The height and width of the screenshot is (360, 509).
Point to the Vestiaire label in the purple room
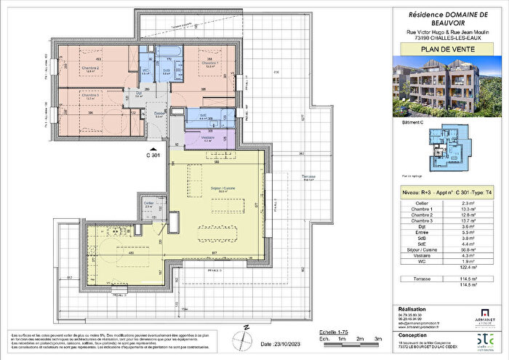205,138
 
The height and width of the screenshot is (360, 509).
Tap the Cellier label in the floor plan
148,204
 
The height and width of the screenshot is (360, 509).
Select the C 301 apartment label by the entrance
153,154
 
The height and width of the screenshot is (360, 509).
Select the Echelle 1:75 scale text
337,331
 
